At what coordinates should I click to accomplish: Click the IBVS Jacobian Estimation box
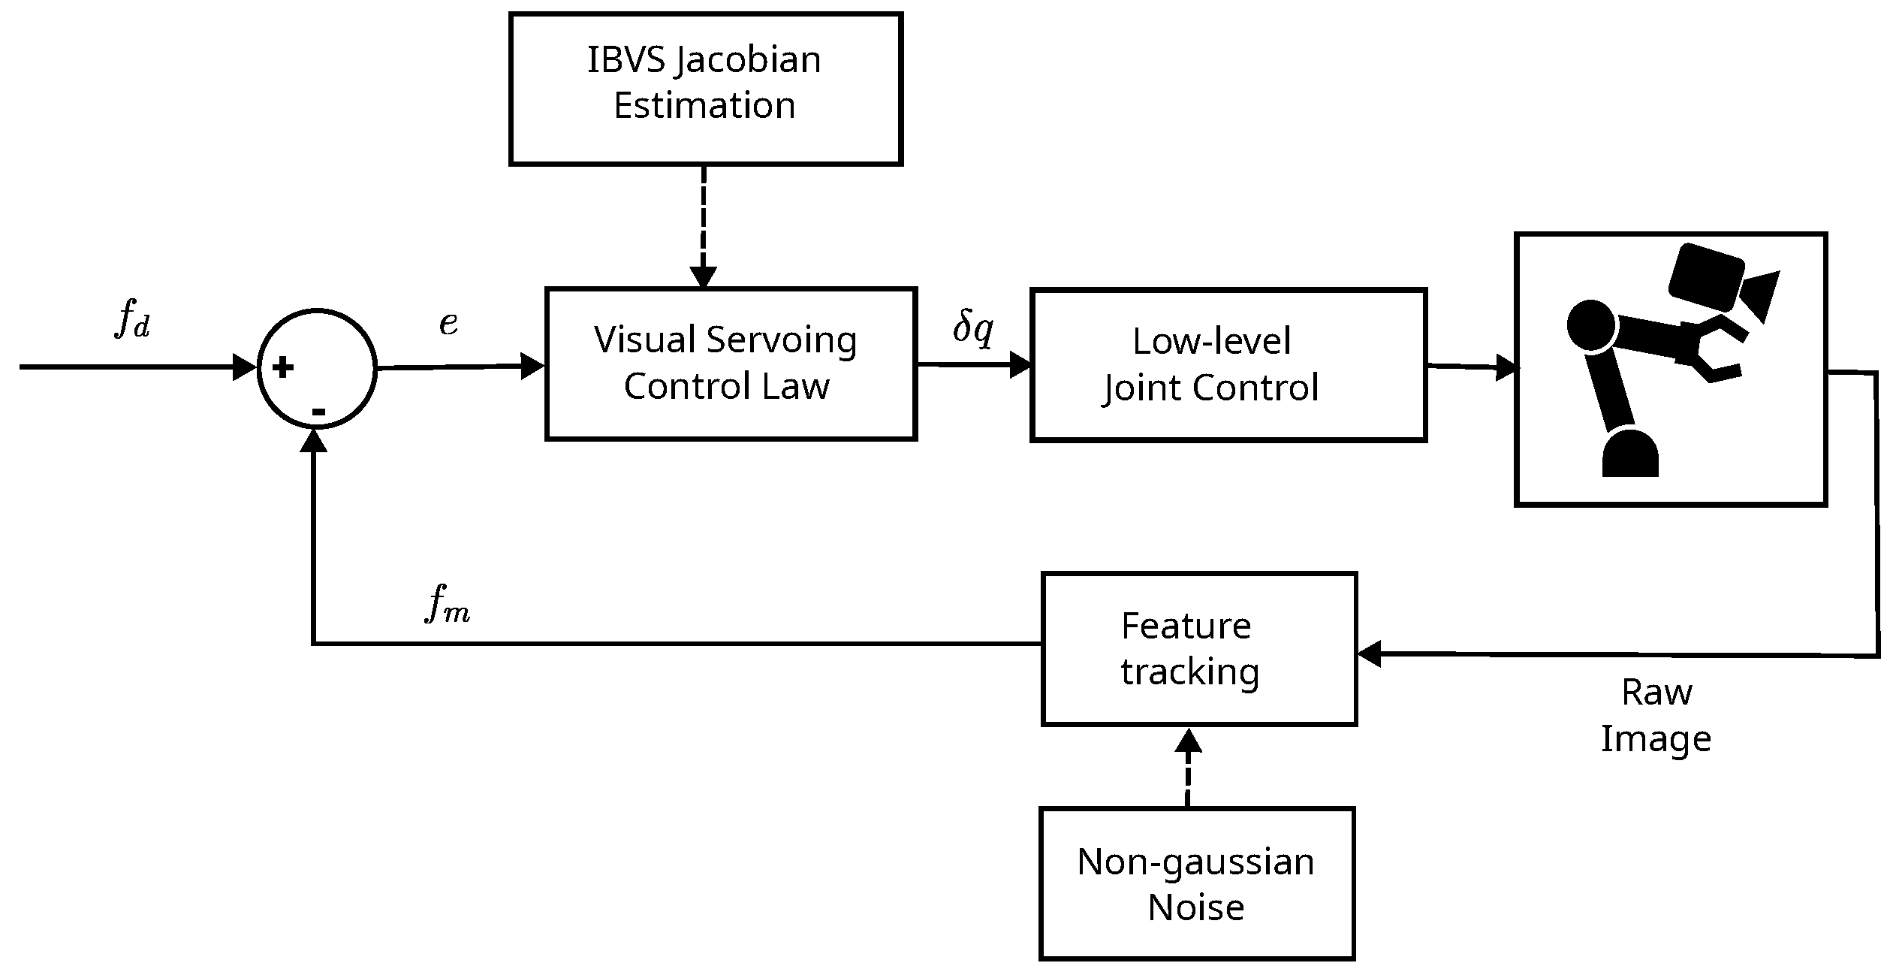tap(705, 89)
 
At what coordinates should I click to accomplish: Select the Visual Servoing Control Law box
tap(730, 364)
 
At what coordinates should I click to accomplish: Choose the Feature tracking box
tap(1198, 648)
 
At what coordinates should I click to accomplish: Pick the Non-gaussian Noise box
tap(1196, 883)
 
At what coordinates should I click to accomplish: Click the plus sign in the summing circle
tap(283, 368)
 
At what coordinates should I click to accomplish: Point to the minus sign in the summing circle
tap(318, 412)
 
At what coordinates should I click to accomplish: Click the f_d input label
tap(133, 320)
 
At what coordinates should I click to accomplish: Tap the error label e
tap(448, 323)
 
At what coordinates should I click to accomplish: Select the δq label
tap(973, 328)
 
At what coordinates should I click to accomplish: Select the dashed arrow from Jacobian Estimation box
tap(704, 225)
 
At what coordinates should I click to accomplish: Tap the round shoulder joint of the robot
tap(1590, 325)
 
